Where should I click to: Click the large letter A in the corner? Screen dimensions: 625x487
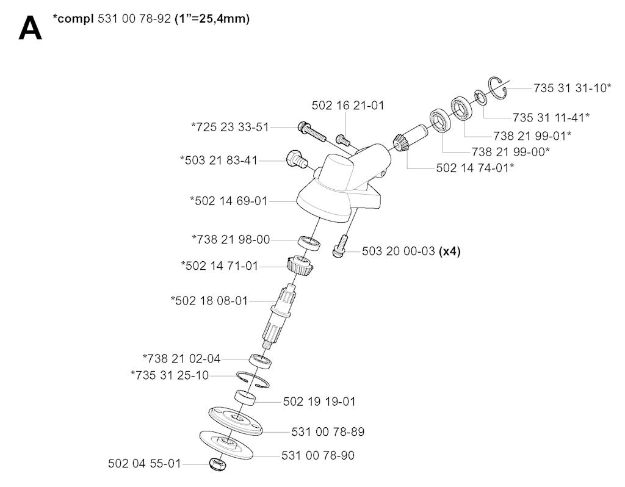tap(30, 28)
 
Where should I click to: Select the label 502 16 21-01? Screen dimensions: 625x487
tap(348, 105)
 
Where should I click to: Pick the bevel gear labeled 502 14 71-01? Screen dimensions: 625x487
tap(300, 265)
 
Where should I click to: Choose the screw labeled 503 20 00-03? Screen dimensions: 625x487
tap(340, 246)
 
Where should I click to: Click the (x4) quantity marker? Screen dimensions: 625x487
tap(450, 251)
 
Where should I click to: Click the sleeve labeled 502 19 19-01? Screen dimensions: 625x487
tap(245, 397)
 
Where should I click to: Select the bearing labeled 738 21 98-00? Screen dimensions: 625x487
tap(310, 243)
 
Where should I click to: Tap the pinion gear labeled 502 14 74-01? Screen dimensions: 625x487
tap(410, 137)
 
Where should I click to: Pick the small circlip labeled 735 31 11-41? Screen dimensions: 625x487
tap(480, 98)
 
